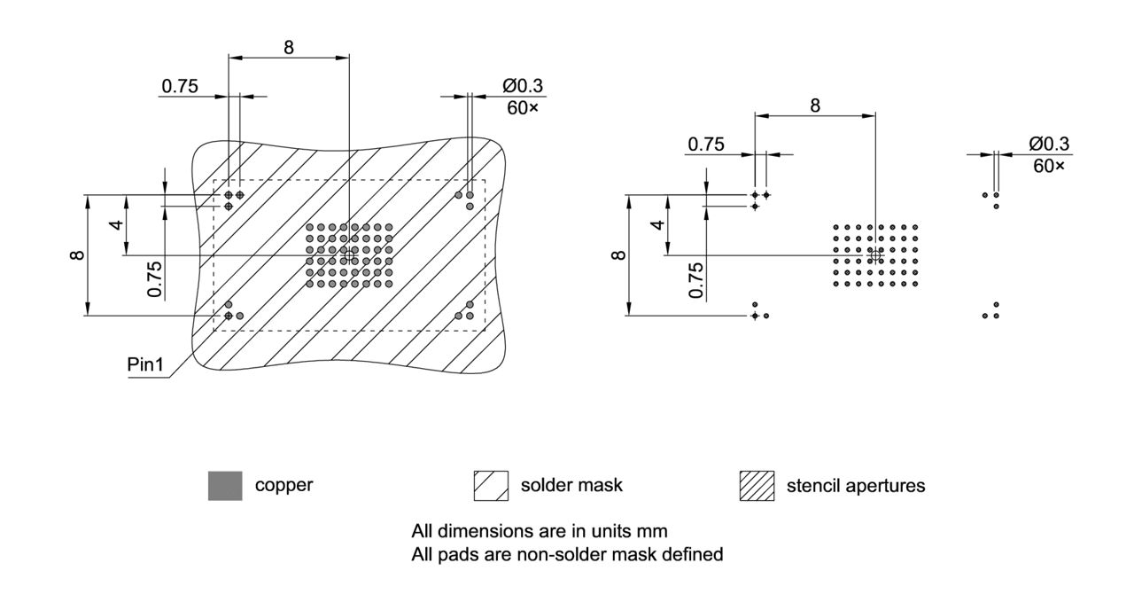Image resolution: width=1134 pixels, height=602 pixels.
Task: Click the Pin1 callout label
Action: (145, 364)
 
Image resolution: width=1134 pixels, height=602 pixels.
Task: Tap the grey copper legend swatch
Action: (224, 486)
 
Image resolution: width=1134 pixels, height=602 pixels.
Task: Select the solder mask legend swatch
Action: (491, 486)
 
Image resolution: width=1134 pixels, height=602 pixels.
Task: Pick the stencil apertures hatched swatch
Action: (757, 486)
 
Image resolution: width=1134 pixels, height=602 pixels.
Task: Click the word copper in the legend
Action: (283, 486)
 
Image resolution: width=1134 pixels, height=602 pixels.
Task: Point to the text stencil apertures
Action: (855, 486)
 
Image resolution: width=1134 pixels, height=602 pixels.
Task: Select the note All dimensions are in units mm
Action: (539, 531)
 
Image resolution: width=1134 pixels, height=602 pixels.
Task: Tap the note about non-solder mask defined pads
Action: (567, 555)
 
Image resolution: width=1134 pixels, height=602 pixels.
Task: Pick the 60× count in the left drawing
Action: (522, 107)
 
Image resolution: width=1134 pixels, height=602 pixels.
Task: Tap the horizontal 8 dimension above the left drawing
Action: (289, 48)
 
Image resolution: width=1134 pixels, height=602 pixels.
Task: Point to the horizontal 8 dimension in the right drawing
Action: (814, 105)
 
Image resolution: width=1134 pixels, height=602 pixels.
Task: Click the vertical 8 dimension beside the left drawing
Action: (77, 255)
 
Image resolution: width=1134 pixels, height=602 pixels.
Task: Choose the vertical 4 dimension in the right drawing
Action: (656, 225)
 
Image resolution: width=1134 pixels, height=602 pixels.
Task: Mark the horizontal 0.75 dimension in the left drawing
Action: (180, 86)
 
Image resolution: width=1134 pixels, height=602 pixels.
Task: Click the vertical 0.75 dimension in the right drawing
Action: (696, 280)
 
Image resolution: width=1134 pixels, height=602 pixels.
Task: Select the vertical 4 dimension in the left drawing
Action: (116, 225)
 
